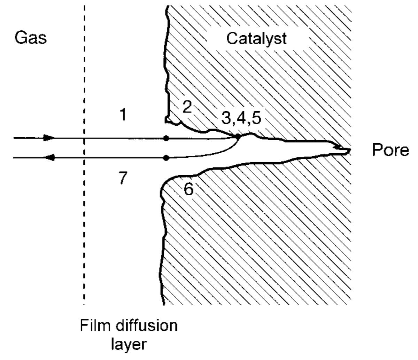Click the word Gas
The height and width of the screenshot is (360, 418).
[31, 38]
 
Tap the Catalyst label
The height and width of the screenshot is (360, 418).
[256, 39]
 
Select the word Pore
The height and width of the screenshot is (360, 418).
[390, 150]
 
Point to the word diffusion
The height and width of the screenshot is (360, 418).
[147, 326]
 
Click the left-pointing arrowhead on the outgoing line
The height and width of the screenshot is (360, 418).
[49, 157]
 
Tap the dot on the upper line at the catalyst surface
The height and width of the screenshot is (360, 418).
[166, 138]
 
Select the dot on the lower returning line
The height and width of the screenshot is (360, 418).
[166, 158]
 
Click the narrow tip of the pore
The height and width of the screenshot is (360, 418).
[349, 150]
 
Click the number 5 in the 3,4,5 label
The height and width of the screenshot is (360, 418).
[256, 117]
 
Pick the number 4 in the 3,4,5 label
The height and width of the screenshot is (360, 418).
[241, 117]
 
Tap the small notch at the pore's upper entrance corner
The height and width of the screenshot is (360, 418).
[168, 120]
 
